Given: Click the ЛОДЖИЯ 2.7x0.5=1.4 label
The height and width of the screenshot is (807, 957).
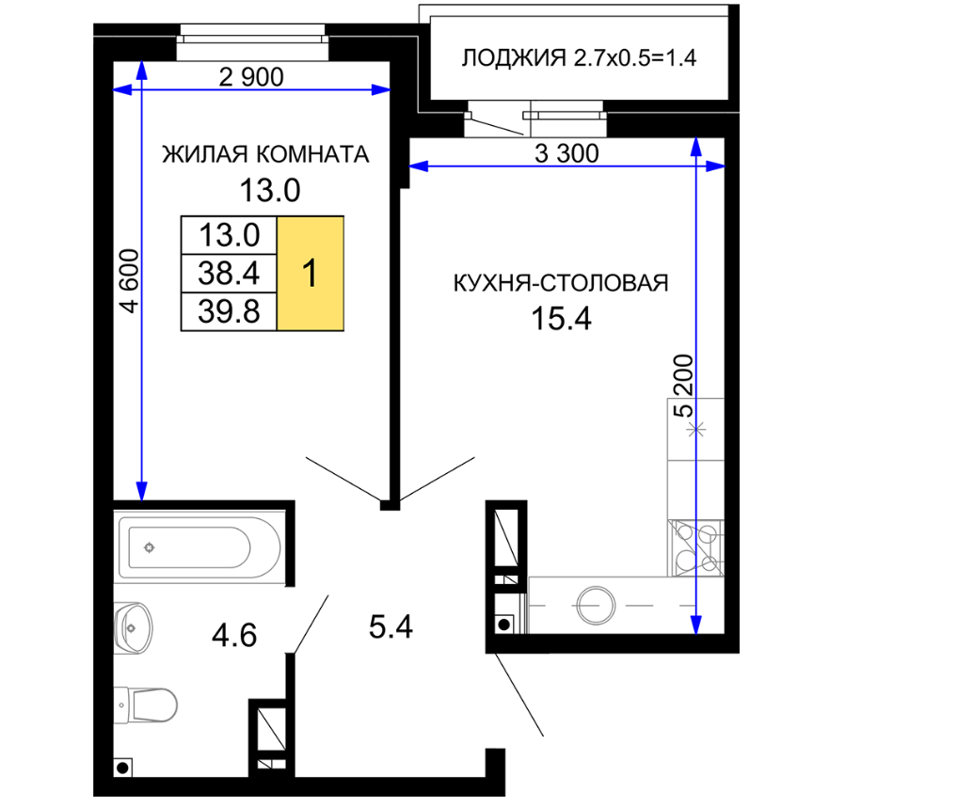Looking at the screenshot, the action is [x=579, y=58].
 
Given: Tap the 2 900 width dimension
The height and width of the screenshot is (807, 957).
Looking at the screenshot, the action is [x=251, y=77].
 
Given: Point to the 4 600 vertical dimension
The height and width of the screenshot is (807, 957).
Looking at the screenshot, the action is [x=130, y=280].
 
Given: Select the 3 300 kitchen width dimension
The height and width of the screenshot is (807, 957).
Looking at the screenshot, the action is [x=566, y=153].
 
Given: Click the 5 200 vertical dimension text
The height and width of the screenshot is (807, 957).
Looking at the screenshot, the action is [x=683, y=386].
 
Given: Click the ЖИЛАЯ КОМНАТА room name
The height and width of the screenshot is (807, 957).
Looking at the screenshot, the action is [x=265, y=154].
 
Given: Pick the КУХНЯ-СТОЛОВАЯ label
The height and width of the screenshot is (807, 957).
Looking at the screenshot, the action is [x=560, y=283].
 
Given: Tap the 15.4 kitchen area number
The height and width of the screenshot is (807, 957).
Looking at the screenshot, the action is [x=561, y=319].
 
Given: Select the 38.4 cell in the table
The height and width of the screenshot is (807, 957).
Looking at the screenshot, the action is [x=229, y=274].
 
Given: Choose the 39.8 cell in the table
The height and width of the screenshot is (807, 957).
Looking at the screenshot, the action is [x=229, y=311].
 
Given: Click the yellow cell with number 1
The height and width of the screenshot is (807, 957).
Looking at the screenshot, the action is [x=310, y=274].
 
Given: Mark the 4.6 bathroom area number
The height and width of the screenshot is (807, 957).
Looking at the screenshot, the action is [x=234, y=636].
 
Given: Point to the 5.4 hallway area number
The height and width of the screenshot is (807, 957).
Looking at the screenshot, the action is [x=391, y=626].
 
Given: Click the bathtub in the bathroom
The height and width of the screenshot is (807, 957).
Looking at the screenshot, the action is [x=199, y=547].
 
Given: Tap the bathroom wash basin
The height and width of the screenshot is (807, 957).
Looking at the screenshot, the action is [x=134, y=628].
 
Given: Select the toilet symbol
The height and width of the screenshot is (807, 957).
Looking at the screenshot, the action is [x=146, y=705].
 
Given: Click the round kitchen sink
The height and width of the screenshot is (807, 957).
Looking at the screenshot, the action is [x=596, y=606].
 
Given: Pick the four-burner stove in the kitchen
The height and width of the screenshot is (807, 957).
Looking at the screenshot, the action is [x=695, y=547].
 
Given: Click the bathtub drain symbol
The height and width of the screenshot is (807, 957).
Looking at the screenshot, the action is [x=149, y=547].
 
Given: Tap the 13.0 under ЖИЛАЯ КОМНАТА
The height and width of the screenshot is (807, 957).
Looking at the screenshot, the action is [x=270, y=190].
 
